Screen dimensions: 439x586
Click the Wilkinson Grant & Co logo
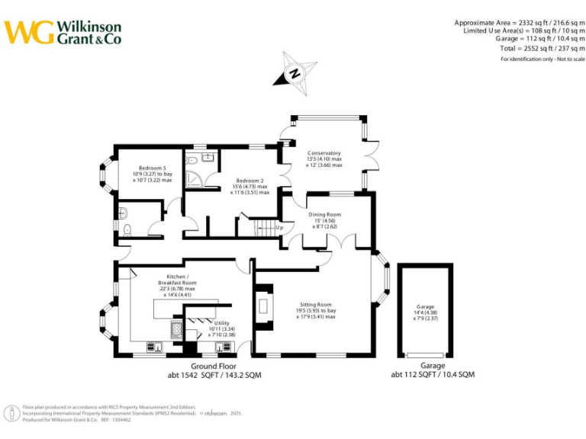63,32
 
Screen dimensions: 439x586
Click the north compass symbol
294,72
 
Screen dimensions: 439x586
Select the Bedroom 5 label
152,168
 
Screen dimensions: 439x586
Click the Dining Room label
324,215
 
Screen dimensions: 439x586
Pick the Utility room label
221,322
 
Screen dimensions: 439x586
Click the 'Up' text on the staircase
279,227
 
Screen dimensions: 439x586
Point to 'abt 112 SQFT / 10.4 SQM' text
433,375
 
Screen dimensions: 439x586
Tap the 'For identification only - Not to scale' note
543,59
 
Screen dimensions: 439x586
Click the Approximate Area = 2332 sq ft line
520,23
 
